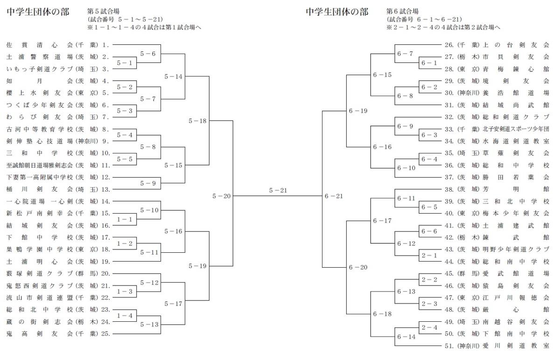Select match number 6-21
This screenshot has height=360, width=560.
click(334, 196)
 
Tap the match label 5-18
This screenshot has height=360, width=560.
click(197, 121)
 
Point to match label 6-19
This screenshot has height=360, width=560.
click(358, 111)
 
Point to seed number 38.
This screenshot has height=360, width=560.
click(449, 190)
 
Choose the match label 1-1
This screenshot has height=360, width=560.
click(125, 219)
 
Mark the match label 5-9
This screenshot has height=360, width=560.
click(148, 183)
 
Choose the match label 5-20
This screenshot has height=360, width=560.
click(222, 196)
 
